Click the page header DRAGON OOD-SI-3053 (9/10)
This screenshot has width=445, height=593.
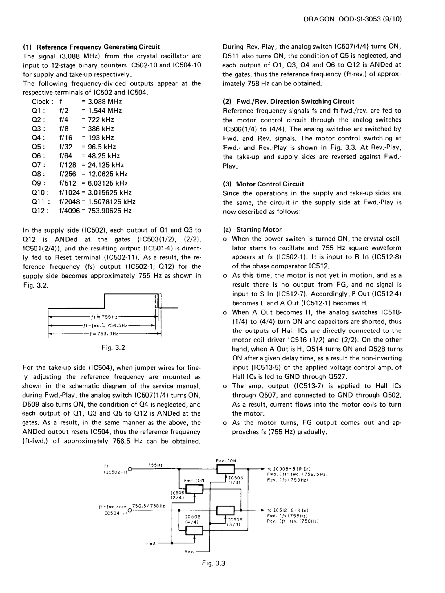click(x=353, y=19)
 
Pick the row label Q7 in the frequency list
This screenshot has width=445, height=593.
click(x=38, y=165)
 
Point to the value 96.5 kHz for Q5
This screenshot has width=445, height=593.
click(x=102, y=147)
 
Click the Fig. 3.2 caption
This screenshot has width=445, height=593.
click(x=113, y=347)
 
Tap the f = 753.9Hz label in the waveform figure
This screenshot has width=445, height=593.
click(x=104, y=334)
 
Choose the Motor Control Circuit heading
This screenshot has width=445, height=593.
click(x=270, y=184)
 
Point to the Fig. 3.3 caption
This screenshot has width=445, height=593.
click(x=214, y=563)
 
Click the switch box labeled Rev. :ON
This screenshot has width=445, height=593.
click(x=225, y=468)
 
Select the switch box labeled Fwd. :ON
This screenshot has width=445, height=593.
click(x=194, y=489)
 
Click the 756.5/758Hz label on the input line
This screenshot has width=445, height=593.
click(x=149, y=506)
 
